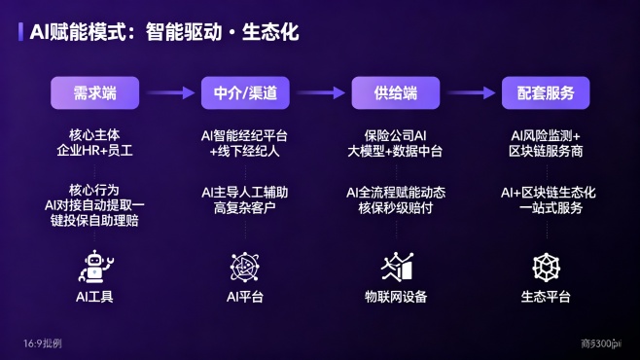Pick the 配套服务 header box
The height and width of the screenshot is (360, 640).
546,93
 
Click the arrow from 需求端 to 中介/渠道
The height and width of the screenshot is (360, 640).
169,93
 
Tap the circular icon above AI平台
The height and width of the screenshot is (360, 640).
245,266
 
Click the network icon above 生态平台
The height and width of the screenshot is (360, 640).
546,266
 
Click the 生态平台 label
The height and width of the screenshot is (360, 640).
546,297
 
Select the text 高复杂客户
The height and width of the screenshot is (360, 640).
245,207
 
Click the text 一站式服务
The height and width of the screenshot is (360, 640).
546,207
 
